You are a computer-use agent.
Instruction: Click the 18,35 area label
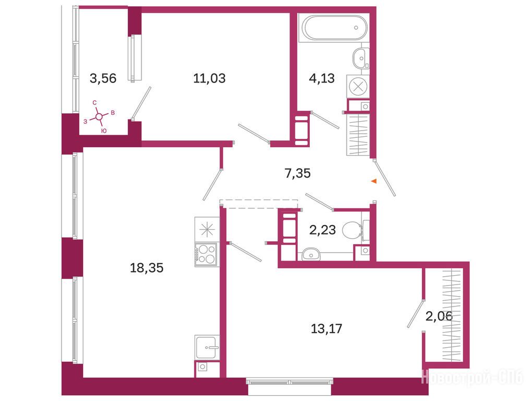147,268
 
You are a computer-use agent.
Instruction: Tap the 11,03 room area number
209,78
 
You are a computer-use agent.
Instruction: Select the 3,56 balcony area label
103,78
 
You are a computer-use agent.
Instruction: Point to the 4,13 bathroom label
322,78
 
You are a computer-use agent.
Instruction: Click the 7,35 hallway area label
298,173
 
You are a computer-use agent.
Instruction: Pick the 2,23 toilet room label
322,230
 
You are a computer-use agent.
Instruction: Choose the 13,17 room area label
327,328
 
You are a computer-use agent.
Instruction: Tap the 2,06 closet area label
439,316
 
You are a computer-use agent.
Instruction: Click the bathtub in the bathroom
334,28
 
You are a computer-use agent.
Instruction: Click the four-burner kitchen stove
206,255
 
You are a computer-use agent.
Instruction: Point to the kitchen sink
207,347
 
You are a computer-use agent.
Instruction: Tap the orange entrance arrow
374,181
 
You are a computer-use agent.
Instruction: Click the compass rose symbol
99,116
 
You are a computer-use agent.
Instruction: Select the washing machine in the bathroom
358,87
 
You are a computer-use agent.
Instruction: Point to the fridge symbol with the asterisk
206,230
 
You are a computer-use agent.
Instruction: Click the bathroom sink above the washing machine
360,58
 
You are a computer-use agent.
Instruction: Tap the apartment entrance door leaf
385,178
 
